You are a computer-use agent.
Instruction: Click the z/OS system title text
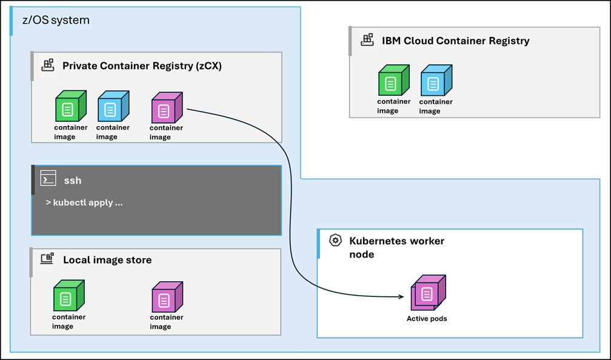click(x=52, y=20)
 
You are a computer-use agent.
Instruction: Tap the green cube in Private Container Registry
click(x=70, y=107)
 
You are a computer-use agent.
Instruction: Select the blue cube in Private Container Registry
click(x=112, y=107)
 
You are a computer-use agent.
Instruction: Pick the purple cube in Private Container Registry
click(x=165, y=108)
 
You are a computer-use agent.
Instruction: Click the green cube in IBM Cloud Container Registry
click(x=393, y=81)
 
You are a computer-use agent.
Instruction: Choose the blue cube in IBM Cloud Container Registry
click(x=435, y=81)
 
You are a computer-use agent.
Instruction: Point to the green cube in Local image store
click(x=68, y=296)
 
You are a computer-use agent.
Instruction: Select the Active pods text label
click(x=427, y=318)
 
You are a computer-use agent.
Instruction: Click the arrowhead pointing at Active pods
click(x=401, y=296)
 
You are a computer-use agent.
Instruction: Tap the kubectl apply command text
click(x=84, y=202)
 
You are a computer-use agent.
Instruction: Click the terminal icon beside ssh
click(x=48, y=179)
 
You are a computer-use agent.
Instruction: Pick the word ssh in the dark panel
click(x=73, y=180)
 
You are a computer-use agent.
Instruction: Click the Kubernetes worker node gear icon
click(x=335, y=241)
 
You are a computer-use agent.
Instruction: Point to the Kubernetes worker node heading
click(x=396, y=247)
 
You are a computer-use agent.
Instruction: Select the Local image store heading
click(x=107, y=260)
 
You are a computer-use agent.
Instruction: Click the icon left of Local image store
click(x=47, y=259)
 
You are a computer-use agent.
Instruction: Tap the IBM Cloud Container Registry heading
click(x=455, y=41)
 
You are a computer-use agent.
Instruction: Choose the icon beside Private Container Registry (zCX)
click(x=48, y=65)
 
